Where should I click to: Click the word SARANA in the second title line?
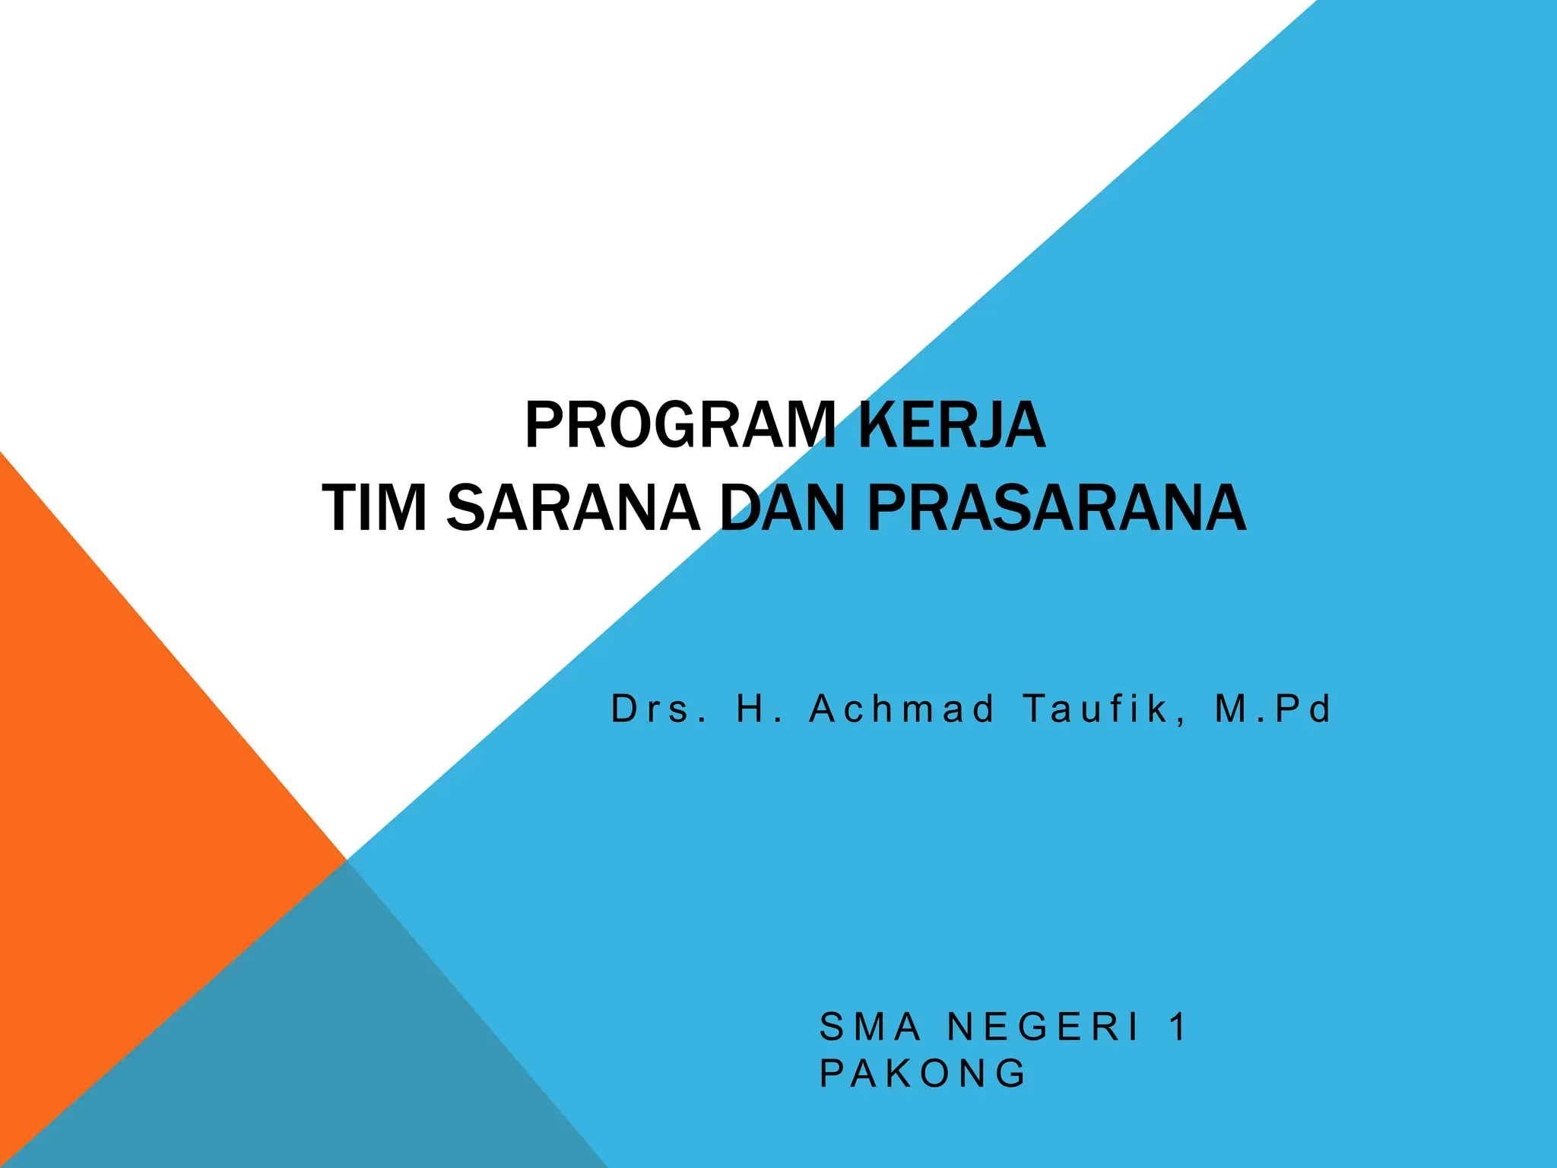click(x=572, y=509)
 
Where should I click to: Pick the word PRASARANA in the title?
click(x=1057, y=509)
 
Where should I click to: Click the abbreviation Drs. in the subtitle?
click(x=659, y=709)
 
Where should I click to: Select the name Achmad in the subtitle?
click(x=902, y=709)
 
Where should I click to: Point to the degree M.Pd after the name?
click(x=1273, y=709)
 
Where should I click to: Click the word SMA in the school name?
click(x=870, y=1027)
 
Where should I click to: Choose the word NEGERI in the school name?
click(x=1044, y=1027)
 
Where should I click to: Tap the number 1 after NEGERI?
click(x=1178, y=1027)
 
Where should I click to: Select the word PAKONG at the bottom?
click(x=923, y=1074)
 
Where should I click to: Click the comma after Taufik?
click(x=1179, y=719)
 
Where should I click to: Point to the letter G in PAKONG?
click(x=1012, y=1074)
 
